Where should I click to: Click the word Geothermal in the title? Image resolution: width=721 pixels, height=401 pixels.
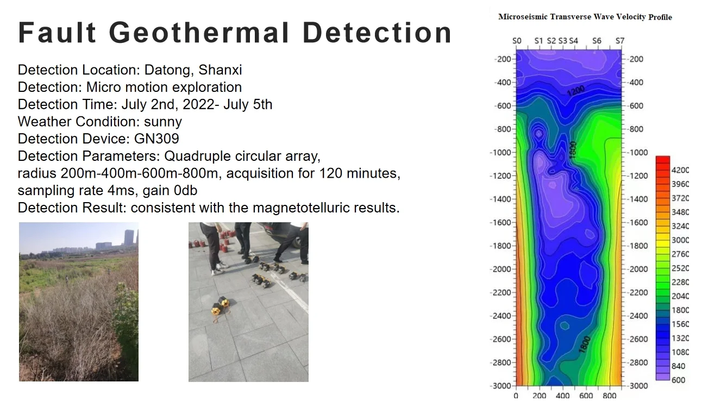coord(199,33)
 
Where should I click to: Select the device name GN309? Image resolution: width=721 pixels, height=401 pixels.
coord(156,139)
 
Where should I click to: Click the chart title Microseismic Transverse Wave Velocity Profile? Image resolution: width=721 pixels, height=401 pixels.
coord(585,17)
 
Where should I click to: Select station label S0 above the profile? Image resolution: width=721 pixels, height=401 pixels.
coord(517,41)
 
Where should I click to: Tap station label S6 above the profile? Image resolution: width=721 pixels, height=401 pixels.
coord(597,41)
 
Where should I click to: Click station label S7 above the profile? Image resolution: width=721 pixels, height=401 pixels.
coord(620,41)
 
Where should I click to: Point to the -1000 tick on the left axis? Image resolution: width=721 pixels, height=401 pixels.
coord(500,153)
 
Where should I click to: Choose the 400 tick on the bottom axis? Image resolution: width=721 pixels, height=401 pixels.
coord(562,396)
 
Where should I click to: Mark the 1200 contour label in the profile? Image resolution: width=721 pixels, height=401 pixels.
coord(575,91)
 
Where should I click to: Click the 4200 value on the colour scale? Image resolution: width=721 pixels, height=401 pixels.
coord(680,170)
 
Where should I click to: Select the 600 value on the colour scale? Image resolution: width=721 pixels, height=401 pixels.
coord(678,380)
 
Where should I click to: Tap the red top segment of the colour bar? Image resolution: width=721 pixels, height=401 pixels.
coord(663,160)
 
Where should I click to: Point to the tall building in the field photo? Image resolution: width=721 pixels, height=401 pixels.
coord(129,237)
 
